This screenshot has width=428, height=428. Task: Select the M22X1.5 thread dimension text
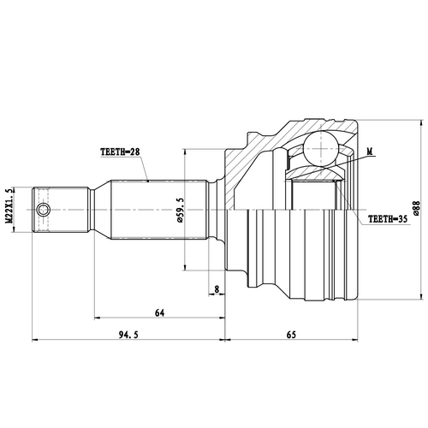tap(9, 208)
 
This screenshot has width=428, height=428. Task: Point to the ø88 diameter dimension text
tap(417, 208)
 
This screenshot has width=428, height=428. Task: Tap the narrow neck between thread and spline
tap(94, 209)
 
